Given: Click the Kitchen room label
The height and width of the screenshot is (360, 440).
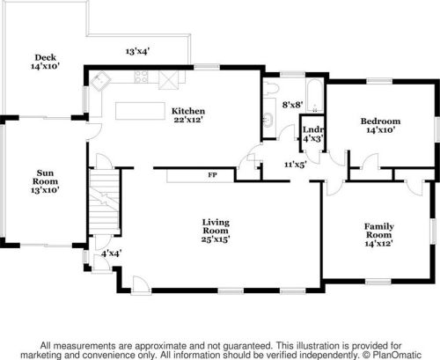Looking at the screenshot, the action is (188, 111).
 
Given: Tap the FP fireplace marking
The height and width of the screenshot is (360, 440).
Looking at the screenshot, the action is (212, 175).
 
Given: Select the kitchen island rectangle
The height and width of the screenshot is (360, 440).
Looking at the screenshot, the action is (140, 111).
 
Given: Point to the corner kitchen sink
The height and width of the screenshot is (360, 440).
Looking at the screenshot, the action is (100, 80).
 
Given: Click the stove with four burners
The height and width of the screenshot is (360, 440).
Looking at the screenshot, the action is (142, 77).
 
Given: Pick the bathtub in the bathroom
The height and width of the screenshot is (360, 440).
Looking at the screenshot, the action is (314, 95).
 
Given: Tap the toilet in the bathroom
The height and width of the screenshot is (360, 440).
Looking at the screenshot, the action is (270, 88).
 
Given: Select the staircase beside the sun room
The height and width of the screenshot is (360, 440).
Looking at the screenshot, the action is (104, 202).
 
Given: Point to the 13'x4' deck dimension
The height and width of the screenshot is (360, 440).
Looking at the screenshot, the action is (137, 51).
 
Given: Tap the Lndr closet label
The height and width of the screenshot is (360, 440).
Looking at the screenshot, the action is (313, 129).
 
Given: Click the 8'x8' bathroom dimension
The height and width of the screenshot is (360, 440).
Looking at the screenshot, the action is (292, 105).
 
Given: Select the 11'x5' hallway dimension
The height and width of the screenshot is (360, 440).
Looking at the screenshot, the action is (296, 165).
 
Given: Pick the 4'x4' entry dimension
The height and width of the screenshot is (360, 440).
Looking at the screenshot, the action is (112, 253).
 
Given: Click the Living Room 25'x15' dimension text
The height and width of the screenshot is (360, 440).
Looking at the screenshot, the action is (216, 239).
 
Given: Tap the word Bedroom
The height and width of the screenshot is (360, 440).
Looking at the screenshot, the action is (380, 121).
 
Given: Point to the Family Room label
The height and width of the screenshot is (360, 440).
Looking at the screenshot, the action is (379, 231).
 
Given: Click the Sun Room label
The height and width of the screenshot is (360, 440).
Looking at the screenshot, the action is (45, 177).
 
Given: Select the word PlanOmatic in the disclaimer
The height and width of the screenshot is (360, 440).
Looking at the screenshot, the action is (397, 355).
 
